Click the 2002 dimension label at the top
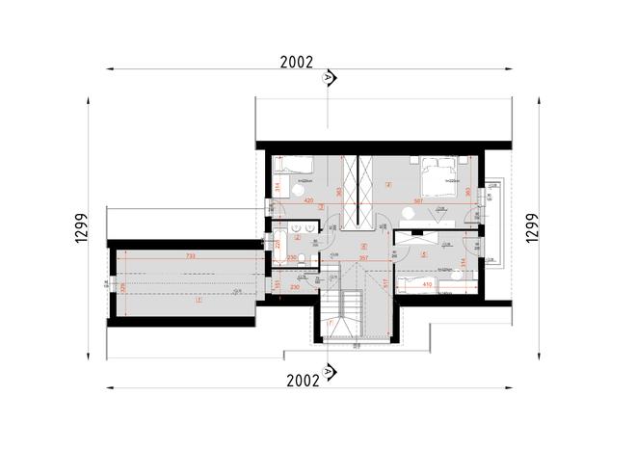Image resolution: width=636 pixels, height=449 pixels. point(297,62)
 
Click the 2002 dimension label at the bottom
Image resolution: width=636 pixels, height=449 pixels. point(303,381)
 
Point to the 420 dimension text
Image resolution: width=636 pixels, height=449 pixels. point(309,201)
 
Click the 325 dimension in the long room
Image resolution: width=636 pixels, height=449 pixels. point(122,286)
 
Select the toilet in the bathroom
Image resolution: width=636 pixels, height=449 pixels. point(302,257)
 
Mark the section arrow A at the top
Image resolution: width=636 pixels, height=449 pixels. point(329,77)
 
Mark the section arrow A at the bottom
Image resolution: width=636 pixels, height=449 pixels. point(329,369)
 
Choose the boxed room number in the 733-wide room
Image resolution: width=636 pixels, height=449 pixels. point(199,301)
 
